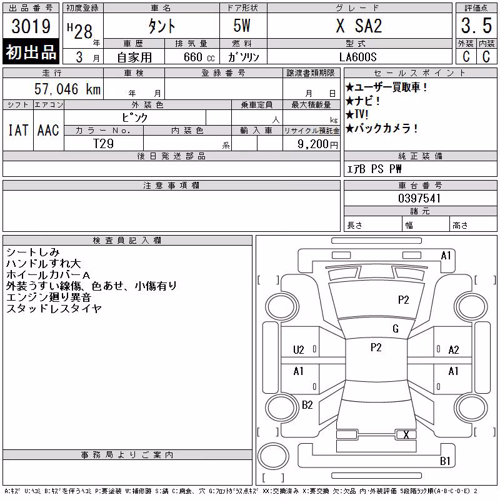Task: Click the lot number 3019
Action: click(31, 26)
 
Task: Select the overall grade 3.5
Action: click(476, 26)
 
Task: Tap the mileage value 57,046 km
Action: click(67, 89)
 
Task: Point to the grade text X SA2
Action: click(359, 26)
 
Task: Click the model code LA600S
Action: click(357, 57)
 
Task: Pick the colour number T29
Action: click(103, 144)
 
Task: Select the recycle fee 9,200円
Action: click(317, 144)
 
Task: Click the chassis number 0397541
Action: click(419, 198)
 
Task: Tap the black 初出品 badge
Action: click(31, 52)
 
